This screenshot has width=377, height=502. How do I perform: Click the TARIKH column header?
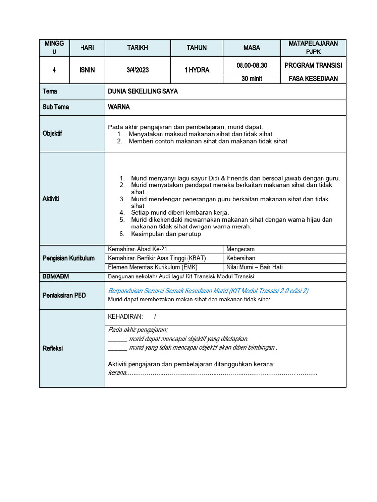pos(137,48)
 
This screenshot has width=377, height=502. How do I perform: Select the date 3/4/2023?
pos(137,70)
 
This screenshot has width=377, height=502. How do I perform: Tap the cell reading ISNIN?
pos(87,70)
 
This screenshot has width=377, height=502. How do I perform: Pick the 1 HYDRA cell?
pos(196,70)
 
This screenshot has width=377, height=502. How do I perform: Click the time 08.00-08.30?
pos(252,65)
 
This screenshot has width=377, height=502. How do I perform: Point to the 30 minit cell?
pos(252,78)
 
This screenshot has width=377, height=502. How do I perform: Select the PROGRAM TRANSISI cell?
pos(313,65)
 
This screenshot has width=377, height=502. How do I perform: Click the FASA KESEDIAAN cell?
pos(313,78)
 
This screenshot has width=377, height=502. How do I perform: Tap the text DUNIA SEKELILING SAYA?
pos(143,91)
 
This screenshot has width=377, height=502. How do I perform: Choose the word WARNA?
pos(119,107)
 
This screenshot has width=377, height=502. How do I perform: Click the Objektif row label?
pos(53,133)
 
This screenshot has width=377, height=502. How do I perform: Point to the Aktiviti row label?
pos(51,198)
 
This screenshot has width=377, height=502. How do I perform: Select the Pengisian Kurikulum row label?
pos(68,258)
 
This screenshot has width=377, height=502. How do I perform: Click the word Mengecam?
pos(241,249)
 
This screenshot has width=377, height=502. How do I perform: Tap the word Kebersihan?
pos(241,258)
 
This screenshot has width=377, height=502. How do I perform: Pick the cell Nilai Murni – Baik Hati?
pos(254,267)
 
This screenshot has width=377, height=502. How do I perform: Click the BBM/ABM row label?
pos(55,276)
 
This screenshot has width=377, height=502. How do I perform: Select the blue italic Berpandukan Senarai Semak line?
pos(208,291)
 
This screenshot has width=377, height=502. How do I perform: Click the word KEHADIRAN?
pos(125,317)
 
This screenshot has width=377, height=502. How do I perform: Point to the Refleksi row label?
pos(53,348)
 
